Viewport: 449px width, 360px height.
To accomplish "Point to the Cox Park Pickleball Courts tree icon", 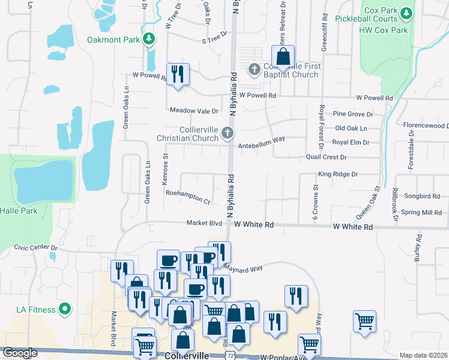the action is [x=406, y=12].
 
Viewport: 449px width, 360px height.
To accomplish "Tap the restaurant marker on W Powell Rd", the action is [x=178, y=74].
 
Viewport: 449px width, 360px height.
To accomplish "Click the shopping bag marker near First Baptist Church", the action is [x=284, y=58].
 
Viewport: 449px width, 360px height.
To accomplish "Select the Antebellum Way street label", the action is [x=261, y=146].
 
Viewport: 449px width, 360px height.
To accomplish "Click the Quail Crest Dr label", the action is [x=326, y=157].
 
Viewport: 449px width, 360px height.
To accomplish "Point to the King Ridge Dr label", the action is [x=337, y=174].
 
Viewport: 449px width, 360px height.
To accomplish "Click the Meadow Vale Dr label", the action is [x=194, y=111].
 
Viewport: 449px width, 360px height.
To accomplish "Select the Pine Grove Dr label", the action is [x=353, y=113].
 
